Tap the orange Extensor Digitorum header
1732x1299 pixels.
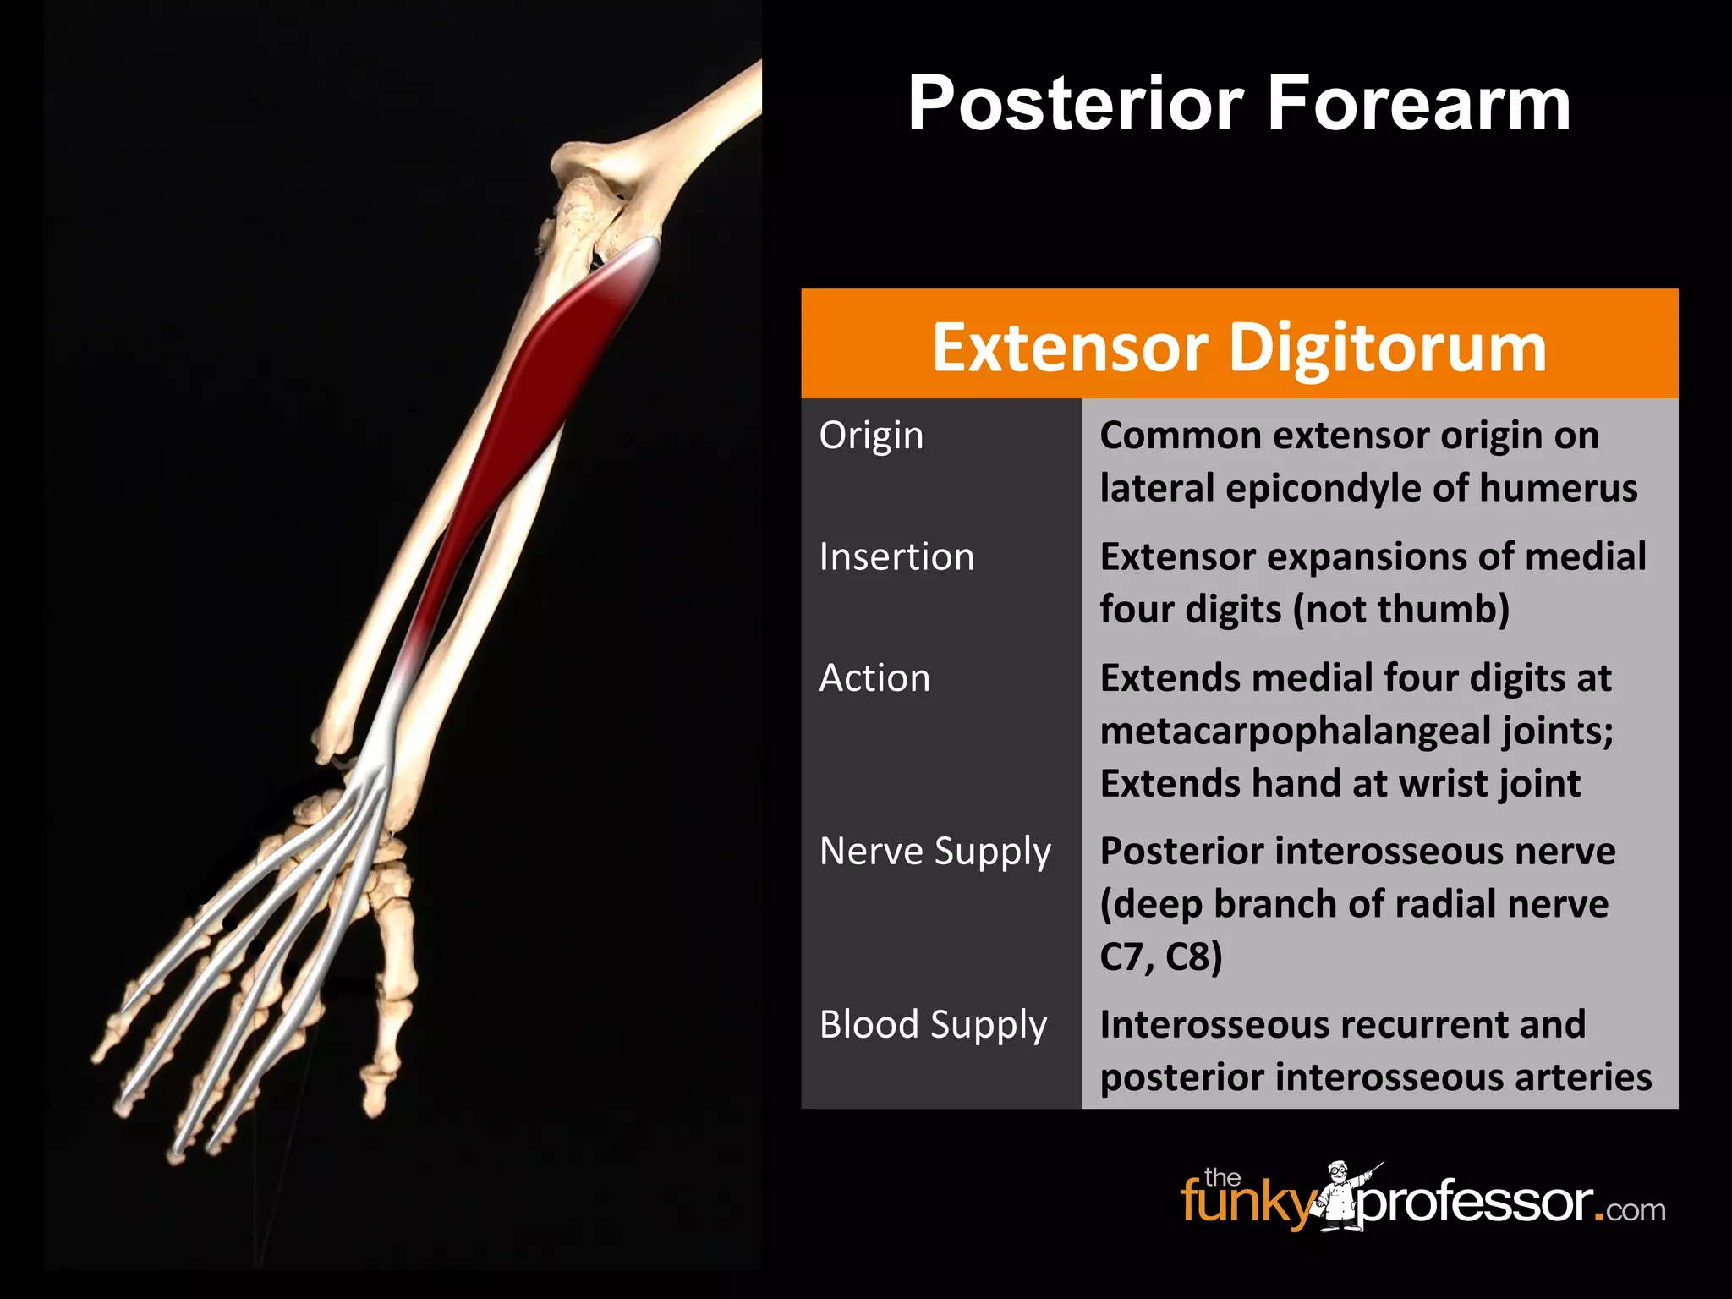pyautogui.click(x=1239, y=347)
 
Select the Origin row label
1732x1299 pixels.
pyautogui.click(x=871, y=436)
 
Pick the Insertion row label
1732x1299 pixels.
pyautogui.click(x=896, y=557)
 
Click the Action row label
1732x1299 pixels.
pyautogui.click(x=874, y=678)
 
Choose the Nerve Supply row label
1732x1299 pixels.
pyautogui.click(x=935, y=852)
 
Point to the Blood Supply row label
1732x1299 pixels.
pyautogui.click(x=933, y=1025)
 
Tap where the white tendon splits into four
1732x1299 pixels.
pyautogui.click(x=372, y=774)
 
